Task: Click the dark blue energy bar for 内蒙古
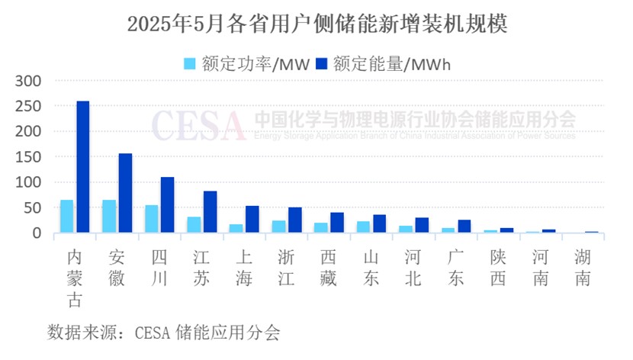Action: [83, 167]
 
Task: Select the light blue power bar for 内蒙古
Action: [67, 217]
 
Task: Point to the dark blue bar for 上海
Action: [252, 220]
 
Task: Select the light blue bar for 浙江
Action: [279, 227]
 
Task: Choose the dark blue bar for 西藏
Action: [337, 223]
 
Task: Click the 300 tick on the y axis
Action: [35, 80]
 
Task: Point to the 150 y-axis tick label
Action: [35, 156]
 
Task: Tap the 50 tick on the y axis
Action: [38, 207]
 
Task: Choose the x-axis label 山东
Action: [371, 269]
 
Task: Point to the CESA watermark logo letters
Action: [198, 124]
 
